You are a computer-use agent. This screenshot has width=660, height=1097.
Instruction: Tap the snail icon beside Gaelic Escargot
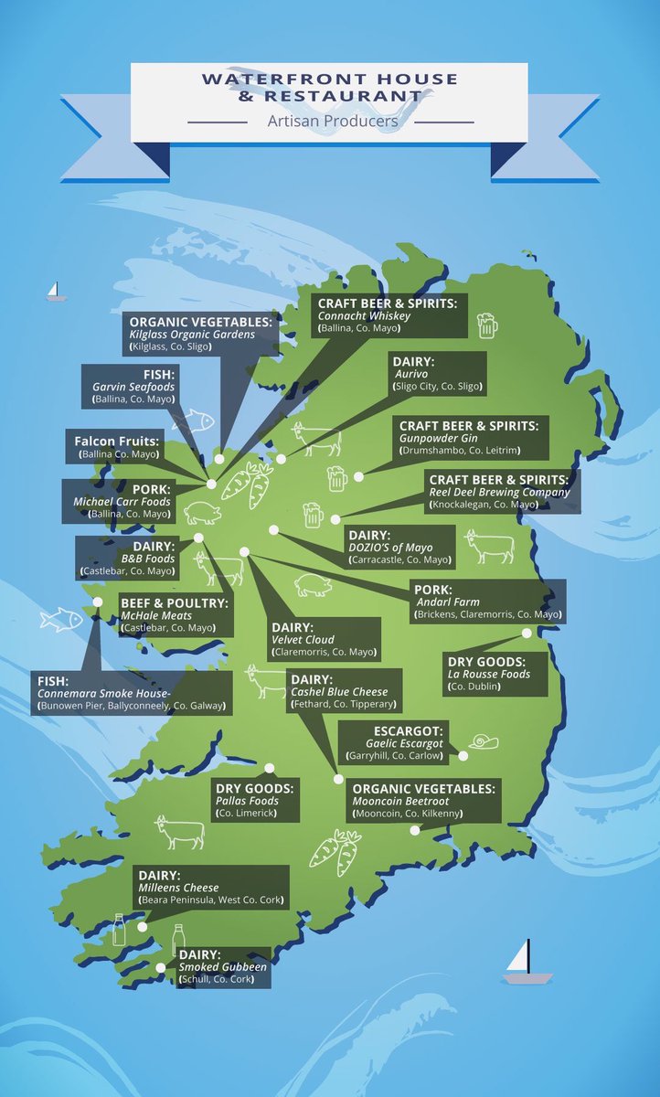[x=484, y=741]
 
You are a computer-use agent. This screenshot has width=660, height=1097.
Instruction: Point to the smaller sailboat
[x=57, y=292]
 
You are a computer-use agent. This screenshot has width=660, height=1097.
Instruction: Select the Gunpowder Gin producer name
[x=433, y=439]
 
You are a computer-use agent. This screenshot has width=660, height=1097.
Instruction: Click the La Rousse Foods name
[x=488, y=675]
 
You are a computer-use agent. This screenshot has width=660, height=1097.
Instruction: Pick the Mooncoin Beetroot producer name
[x=403, y=801]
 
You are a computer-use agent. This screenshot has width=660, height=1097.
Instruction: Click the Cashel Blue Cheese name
[x=338, y=692]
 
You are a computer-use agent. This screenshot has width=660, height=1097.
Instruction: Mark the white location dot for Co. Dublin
[x=527, y=633]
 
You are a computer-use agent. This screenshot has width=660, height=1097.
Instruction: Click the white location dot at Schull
[x=161, y=967]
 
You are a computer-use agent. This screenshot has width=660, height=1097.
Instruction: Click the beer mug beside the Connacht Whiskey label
[x=486, y=325]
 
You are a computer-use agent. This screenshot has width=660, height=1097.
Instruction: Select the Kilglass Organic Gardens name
[x=191, y=335]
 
